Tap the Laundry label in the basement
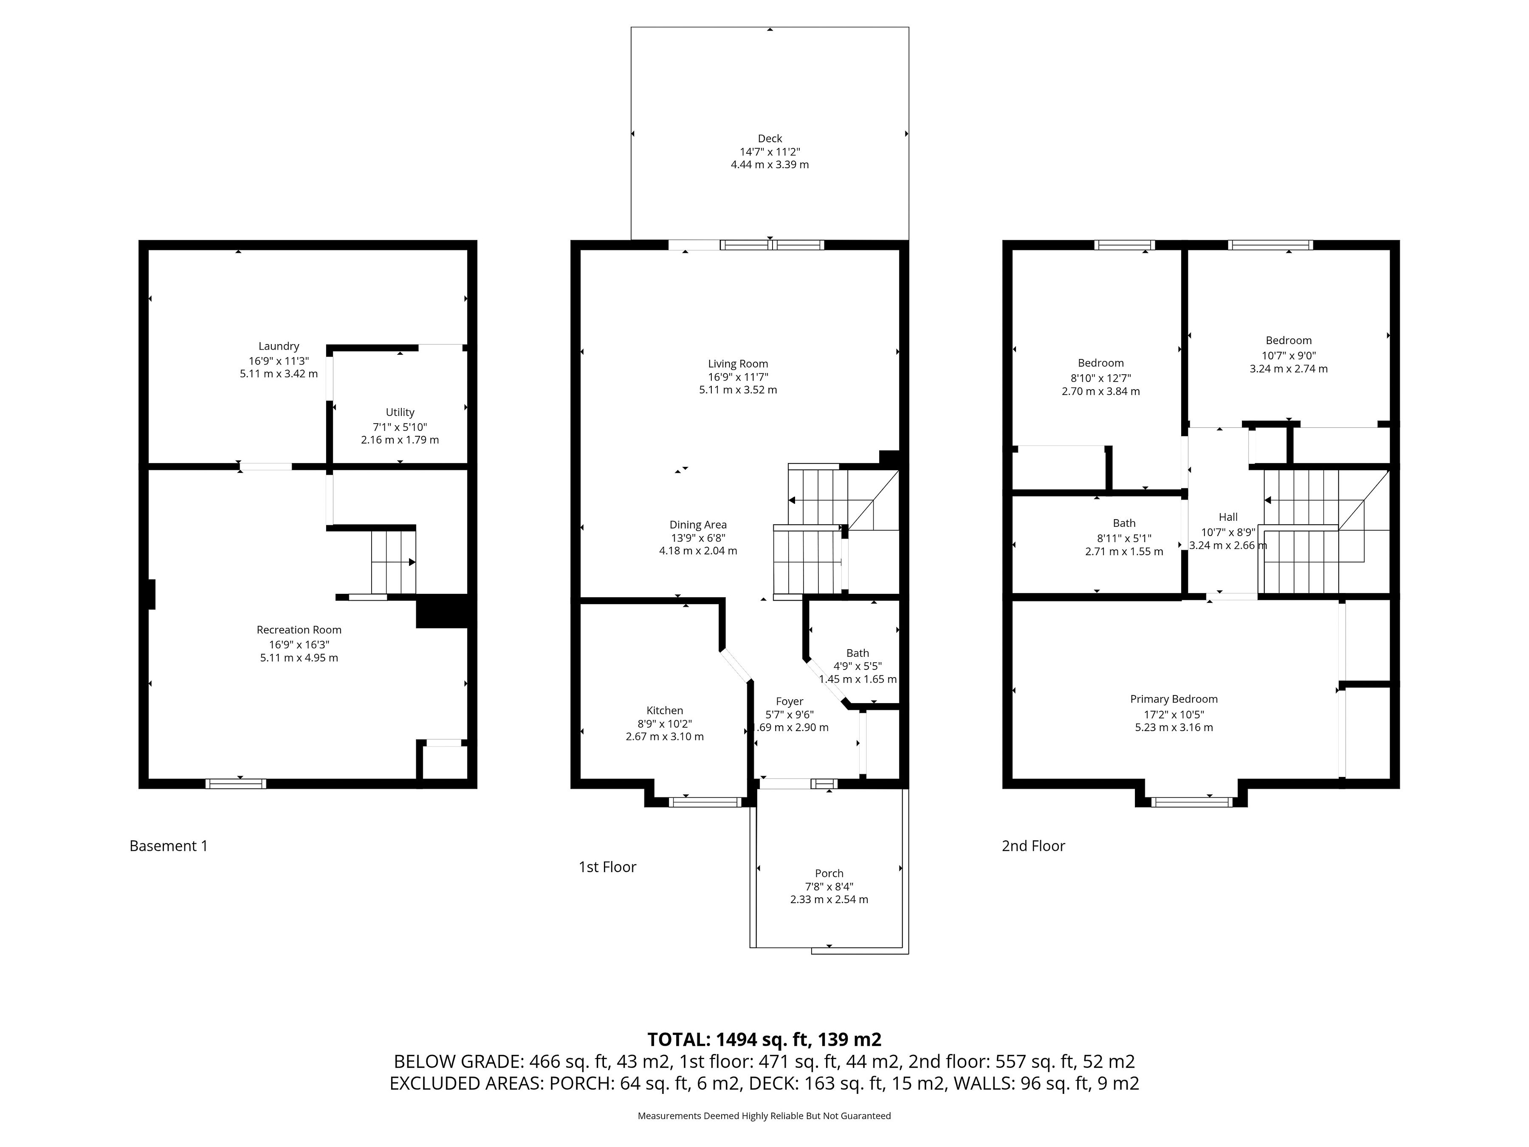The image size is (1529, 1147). point(279,346)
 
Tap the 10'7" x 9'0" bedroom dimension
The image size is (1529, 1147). point(1289,356)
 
